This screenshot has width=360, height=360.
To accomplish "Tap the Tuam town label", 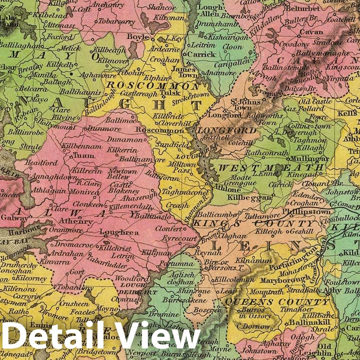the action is (x=84, y=156).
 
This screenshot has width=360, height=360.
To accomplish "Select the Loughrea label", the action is (x=119, y=232).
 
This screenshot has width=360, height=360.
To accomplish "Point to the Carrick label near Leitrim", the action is (x=201, y=55).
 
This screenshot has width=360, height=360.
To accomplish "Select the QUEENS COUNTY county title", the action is (x=276, y=302).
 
